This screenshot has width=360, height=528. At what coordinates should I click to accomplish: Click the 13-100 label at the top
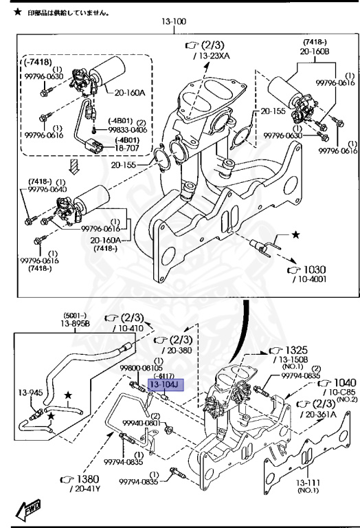[174, 22]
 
